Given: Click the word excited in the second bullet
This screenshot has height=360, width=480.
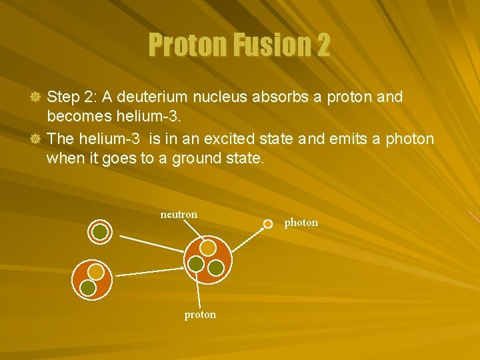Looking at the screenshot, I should pyautogui.click(x=259, y=139).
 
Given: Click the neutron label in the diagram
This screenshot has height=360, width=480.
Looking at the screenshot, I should pyautogui.click(x=179, y=215).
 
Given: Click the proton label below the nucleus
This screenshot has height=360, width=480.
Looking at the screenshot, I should pyautogui.click(x=200, y=315).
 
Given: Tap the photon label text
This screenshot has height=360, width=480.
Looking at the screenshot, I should pyautogui.click(x=301, y=223).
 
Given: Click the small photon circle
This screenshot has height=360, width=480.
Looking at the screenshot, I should pyautogui.click(x=267, y=223).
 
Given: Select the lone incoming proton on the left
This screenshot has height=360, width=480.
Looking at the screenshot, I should pyautogui.click(x=100, y=231).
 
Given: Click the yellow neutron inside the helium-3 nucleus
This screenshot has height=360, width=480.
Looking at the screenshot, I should pyautogui.click(x=208, y=248).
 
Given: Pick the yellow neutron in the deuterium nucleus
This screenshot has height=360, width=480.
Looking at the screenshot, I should pyautogui.click(x=97, y=272).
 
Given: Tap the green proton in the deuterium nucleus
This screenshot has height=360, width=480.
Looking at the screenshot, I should pyautogui.click(x=88, y=287).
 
